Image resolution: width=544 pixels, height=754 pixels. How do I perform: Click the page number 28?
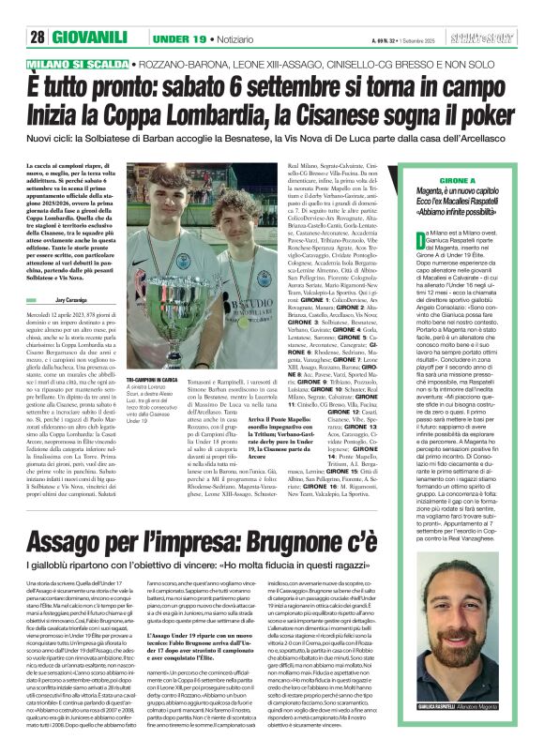pos(38,12)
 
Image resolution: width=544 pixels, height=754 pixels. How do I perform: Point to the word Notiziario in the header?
pos(234,13)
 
